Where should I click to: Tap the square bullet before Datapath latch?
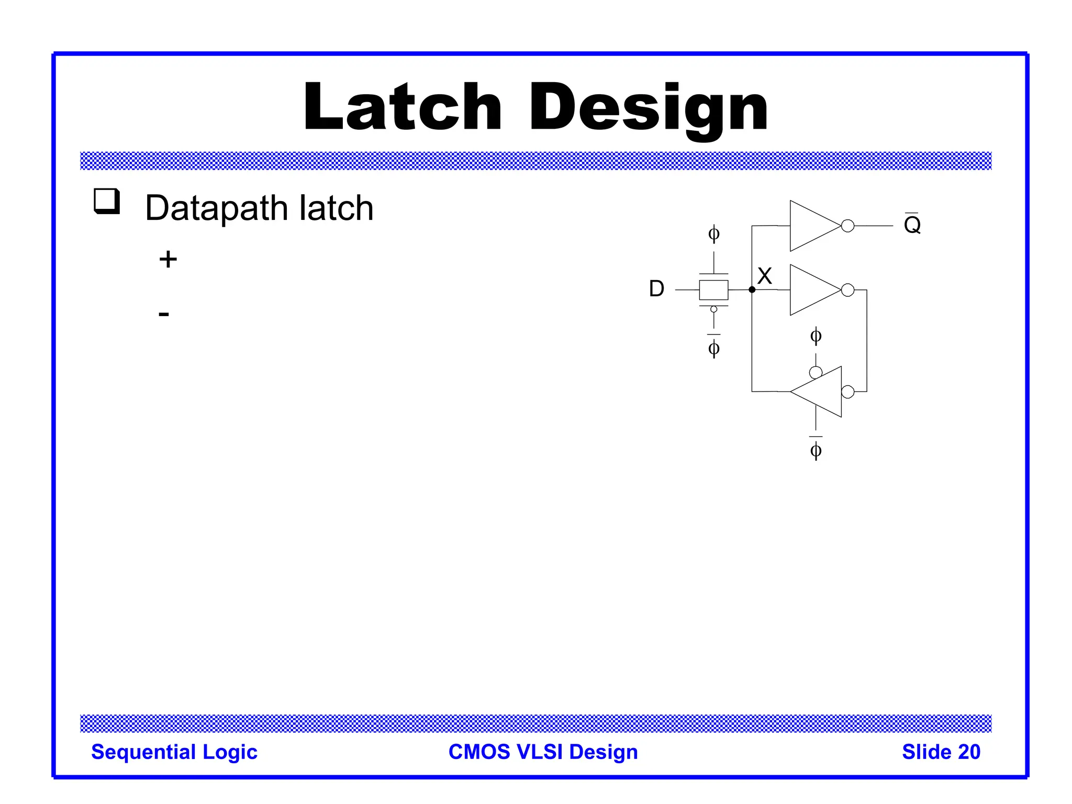(107, 201)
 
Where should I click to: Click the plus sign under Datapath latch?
(168, 260)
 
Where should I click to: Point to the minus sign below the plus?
(164, 314)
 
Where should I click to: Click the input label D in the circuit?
(656, 289)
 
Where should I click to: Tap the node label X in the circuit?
(765, 276)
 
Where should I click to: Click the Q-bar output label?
(912, 225)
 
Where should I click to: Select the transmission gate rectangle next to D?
(713, 289)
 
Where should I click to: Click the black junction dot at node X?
(752, 289)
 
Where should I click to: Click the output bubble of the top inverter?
(848, 226)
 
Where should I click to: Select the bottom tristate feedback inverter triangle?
(820, 392)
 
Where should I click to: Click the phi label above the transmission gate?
(713, 233)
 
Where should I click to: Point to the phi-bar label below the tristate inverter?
(816, 449)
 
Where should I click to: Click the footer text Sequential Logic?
(174, 752)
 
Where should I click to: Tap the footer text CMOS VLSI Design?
(543, 752)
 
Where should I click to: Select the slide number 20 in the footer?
(969, 752)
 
